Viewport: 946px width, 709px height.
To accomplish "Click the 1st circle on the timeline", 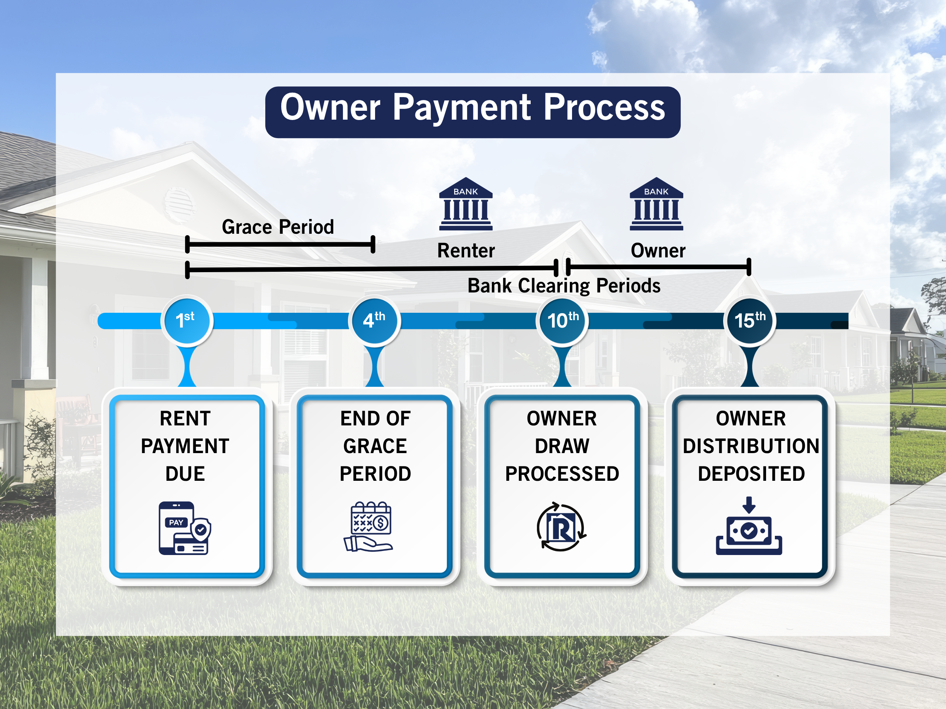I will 187,321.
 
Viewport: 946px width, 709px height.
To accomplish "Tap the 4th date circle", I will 374,321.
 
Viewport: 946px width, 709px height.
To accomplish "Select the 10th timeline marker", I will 562,321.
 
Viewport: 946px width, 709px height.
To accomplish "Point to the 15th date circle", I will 750,321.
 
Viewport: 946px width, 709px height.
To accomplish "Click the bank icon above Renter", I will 466,204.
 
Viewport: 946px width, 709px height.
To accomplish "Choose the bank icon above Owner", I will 656,204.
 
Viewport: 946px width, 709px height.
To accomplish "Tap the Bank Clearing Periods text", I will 564,285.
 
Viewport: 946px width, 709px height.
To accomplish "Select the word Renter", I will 466,250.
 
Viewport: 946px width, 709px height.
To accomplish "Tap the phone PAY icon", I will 184,528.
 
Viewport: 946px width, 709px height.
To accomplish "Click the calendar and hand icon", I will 369,527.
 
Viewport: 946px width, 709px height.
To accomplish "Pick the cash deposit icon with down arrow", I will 749,527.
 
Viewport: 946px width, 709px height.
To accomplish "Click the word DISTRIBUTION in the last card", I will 751,446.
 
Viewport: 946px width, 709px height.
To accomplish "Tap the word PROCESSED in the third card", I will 562,474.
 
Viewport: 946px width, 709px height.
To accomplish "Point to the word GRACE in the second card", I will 375,446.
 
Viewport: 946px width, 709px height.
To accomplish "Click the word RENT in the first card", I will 185,418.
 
